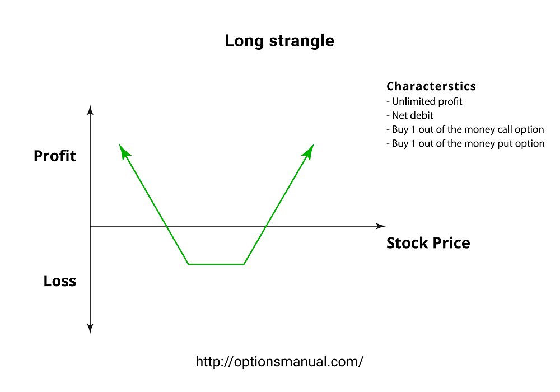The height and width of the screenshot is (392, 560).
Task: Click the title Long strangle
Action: pyautogui.click(x=279, y=41)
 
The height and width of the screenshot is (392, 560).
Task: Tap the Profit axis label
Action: pyautogui.click(x=55, y=156)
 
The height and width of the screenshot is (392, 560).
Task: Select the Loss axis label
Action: pyautogui.click(x=60, y=281)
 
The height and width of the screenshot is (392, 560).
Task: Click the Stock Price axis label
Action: pyautogui.click(x=428, y=243)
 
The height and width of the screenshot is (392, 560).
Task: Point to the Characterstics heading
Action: pyautogui.click(x=431, y=86)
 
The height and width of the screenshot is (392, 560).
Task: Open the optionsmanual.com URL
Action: pyautogui.click(x=279, y=361)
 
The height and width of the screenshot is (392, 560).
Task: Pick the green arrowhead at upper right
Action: pyautogui.click(x=309, y=150)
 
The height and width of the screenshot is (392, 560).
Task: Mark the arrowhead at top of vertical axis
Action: pyautogui.click(x=90, y=110)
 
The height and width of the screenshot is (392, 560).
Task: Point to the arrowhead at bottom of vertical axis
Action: pyautogui.click(x=90, y=329)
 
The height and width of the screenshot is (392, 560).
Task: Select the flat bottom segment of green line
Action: pyautogui.click(x=216, y=264)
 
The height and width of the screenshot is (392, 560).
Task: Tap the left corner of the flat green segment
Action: pyautogui.click(x=189, y=264)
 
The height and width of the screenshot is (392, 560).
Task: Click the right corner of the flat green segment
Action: pyautogui.click(x=244, y=264)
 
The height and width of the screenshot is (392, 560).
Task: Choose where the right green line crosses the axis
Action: pyautogui.click(x=266, y=226)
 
